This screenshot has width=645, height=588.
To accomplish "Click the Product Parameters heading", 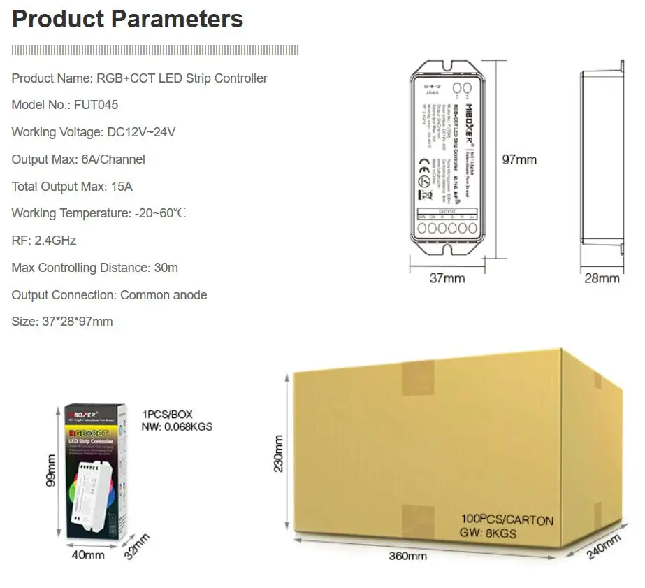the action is pos(127,19).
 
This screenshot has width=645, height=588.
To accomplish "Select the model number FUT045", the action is pos(95,105).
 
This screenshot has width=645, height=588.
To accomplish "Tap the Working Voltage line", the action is pos(93,132).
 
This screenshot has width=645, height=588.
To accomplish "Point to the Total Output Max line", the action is pos(72,187).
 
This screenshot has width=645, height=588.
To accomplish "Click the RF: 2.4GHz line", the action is pos(43,241).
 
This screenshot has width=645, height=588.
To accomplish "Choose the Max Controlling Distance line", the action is pos(94,268).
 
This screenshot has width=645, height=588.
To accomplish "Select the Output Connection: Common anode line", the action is pos(109,295).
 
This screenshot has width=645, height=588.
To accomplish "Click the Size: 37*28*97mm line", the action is pos(61,322).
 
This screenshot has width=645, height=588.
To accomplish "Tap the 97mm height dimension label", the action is pos(520,159).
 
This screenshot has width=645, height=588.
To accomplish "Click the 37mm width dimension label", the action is pos(447,278).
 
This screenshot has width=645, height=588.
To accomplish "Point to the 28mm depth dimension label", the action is pos(602,278).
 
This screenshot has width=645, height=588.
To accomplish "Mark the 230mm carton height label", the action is pos(279,454).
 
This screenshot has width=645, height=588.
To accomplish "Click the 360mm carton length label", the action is pos(407,557).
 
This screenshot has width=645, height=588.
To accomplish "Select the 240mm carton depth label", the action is pos(604,547).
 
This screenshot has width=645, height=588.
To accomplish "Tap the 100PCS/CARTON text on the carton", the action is pos(507,520).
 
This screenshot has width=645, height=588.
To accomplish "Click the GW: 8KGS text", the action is pos(488,533).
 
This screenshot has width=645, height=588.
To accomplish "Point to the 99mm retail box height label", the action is pos(51,471).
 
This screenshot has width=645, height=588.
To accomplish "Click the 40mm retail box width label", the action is pos(88,554).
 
